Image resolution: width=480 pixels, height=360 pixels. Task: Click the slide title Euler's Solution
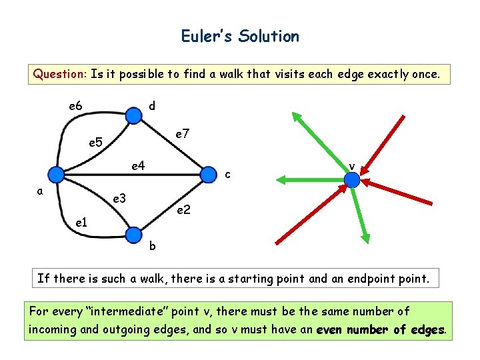240,36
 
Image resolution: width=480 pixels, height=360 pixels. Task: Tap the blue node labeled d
134,116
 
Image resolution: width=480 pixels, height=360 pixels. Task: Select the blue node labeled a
57,175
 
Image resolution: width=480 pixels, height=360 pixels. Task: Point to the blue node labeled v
352,179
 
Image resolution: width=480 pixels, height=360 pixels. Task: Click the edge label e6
75,106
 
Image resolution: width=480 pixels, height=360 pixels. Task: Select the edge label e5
96,142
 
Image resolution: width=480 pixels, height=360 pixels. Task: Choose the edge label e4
139,165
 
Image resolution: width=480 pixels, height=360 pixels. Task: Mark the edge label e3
120,198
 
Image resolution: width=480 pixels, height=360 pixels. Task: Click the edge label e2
183,210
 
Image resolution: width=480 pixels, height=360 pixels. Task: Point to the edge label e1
80,221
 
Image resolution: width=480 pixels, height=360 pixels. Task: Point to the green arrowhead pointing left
282,179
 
